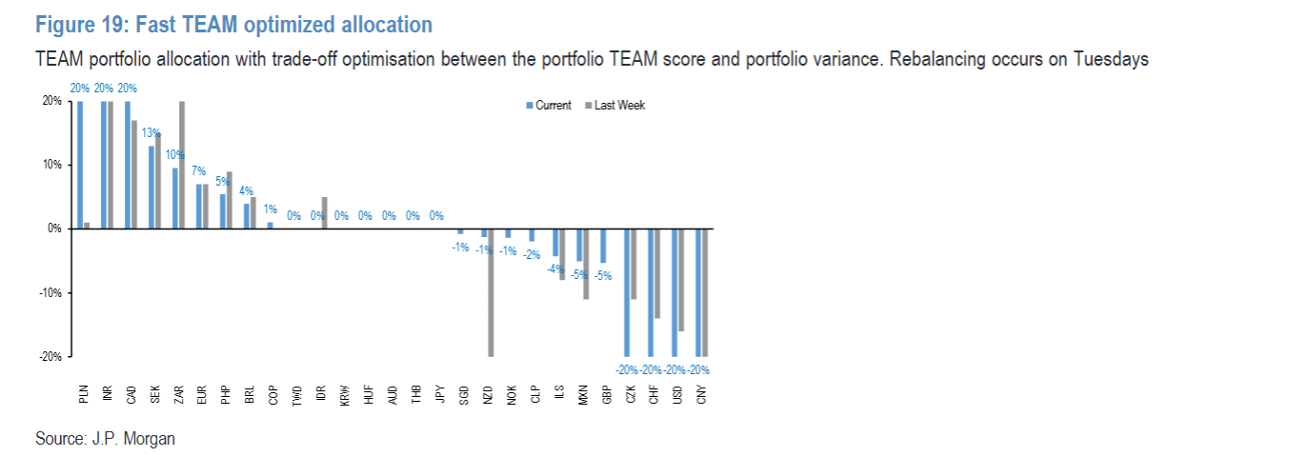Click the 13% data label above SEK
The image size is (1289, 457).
(151, 133)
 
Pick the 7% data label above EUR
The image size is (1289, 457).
(198, 171)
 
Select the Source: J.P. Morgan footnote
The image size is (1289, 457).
(105, 439)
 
